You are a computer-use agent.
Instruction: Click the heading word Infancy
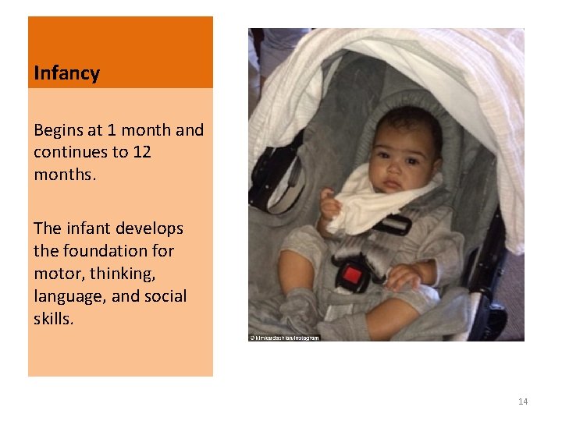point(66,74)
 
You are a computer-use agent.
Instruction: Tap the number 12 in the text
point(141,152)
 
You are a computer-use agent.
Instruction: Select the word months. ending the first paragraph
point(65,174)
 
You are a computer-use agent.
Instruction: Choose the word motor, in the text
point(59,274)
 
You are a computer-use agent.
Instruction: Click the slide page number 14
point(522,402)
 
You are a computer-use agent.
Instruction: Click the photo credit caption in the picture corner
point(284,338)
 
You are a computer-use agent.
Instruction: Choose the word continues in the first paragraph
point(69,152)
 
